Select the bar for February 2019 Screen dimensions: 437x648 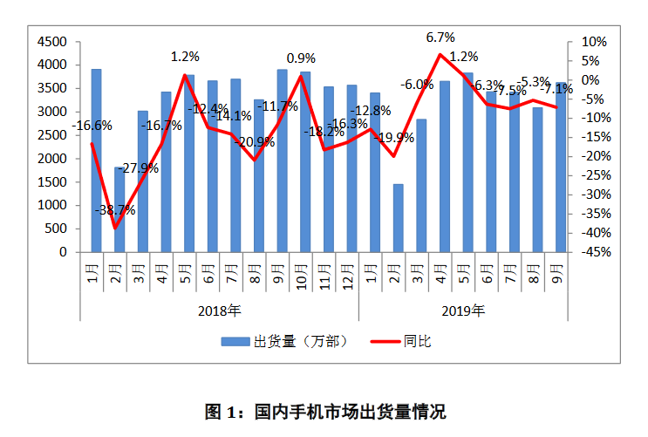(398, 218)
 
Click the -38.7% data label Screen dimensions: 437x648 (117, 210)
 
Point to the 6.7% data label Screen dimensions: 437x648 (440, 38)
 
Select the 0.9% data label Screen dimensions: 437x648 (301, 58)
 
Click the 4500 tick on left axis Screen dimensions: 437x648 (53, 42)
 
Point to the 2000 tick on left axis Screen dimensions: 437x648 (53, 159)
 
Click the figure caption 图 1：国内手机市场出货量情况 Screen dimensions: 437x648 (324, 411)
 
